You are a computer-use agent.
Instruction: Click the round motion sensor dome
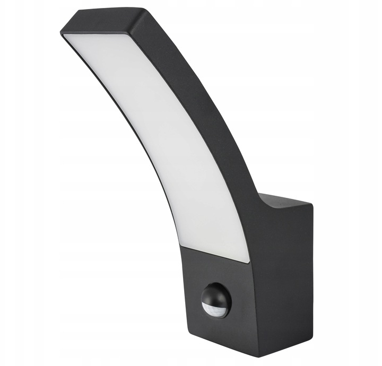point(216,300)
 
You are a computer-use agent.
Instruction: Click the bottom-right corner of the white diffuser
point(248,261)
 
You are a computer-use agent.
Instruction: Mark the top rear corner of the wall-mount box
point(312,205)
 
